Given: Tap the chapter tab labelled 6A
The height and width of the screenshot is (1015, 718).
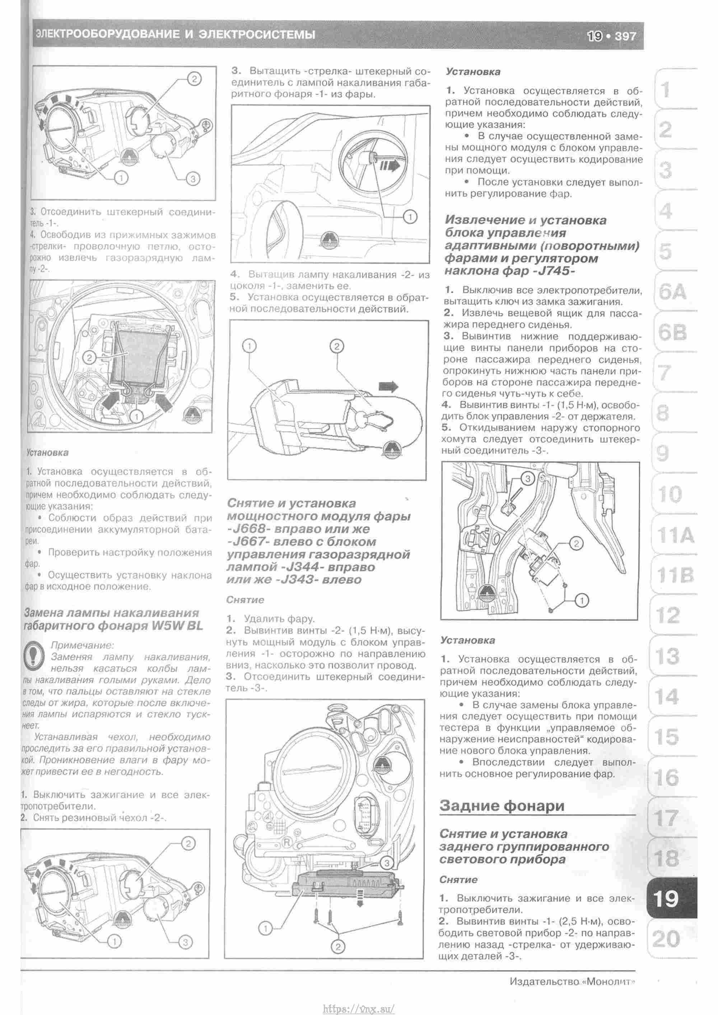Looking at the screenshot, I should pyautogui.click(x=672, y=292).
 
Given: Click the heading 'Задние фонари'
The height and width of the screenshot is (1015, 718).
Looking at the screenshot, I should pyautogui.click(x=502, y=805).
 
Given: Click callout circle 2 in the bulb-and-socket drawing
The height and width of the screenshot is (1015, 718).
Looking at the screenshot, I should pyautogui.click(x=336, y=346).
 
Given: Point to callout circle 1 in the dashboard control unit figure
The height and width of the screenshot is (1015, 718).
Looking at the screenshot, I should pyautogui.click(x=582, y=600).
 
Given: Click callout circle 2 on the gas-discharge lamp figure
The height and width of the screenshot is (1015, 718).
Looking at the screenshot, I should pyautogui.click(x=89, y=357).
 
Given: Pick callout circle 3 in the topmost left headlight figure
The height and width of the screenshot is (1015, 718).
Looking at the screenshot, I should pyautogui.click(x=193, y=178).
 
